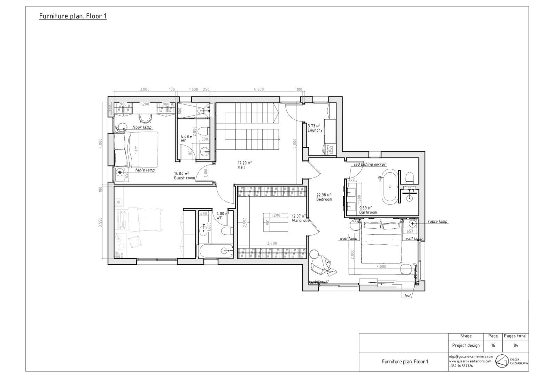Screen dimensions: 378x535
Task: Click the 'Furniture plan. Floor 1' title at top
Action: click(x=73, y=16)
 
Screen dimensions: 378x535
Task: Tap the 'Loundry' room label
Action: click(x=315, y=131)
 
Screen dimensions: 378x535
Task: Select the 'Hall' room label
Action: click(x=241, y=167)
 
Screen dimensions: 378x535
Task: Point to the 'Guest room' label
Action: click(x=184, y=178)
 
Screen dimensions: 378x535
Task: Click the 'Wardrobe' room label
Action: click(x=301, y=221)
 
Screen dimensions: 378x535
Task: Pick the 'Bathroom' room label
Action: click(x=368, y=212)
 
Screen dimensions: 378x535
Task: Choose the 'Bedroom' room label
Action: click(x=324, y=200)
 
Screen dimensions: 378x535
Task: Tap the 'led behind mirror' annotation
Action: click(x=370, y=164)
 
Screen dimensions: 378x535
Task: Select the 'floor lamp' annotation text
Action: click(x=142, y=127)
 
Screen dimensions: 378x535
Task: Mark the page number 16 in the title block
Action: click(x=493, y=346)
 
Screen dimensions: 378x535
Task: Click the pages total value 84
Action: click(x=515, y=346)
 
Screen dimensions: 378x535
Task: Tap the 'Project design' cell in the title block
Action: click(x=466, y=346)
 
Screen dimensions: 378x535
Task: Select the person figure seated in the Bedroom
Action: click(x=320, y=262)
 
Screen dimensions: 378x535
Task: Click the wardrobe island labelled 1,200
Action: click(x=276, y=222)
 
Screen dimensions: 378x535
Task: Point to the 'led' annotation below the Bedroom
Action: click(x=407, y=296)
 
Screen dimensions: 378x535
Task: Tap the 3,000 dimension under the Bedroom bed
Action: click(x=381, y=267)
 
